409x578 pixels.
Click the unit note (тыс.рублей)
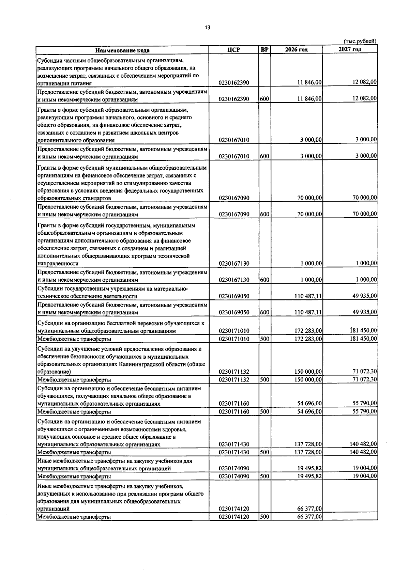[x=360, y=41]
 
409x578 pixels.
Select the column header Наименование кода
[x=122, y=50]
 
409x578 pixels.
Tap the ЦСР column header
[x=233, y=50]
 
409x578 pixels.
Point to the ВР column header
[x=264, y=50]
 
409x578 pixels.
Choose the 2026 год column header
[x=296, y=50]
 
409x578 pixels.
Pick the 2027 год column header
[x=350, y=49]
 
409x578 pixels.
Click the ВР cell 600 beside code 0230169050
[x=264, y=312]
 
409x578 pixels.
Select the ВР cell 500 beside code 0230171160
[x=264, y=412]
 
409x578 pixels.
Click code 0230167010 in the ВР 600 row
[x=234, y=157]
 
